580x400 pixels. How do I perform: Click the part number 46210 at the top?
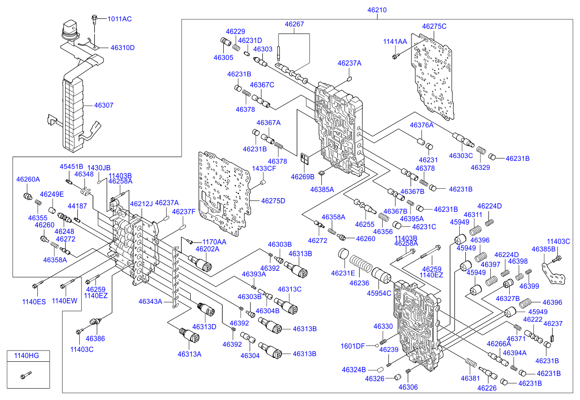click(x=378, y=9)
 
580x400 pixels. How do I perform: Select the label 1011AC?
click(x=119, y=19)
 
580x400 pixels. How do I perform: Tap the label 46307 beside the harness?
click(x=104, y=105)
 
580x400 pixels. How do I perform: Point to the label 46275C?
click(x=434, y=26)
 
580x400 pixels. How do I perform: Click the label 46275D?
click(x=273, y=200)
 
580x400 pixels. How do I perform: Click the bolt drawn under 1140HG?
click(x=25, y=375)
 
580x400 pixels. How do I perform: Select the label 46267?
click(x=294, y=24)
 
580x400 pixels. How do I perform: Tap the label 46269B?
click(x=303, y=177)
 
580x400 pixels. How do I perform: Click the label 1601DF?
click(x=353, y=346)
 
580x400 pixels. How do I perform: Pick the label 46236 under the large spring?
click(x=359, y=283)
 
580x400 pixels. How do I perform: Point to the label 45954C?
click(x=379, y=293)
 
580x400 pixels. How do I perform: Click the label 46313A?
click(x=189, y=354)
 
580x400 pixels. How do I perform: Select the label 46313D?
click(x=204, y=326)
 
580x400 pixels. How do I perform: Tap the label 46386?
click(x=95, y=338)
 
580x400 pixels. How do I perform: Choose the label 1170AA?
click(x=214, y=242)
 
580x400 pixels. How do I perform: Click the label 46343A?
click(x=150, y=301)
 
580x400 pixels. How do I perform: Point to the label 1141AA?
click(x=395, y=42)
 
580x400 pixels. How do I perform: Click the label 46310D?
click(x=123, y=48)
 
